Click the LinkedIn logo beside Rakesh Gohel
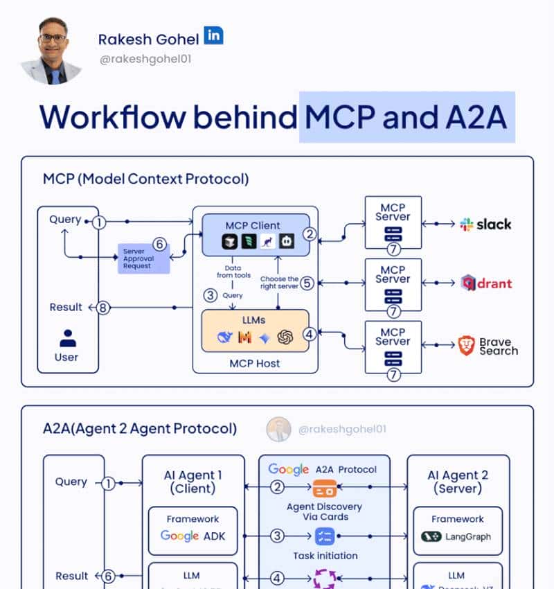click(213, 36)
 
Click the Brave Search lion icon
click(467, 346)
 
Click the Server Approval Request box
click(143, 258)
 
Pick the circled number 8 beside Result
click(103, 308)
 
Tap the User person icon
click(67, 338)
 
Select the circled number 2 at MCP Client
click(310, 234)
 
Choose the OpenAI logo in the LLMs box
click(285, 337)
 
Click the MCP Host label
click(255, 362)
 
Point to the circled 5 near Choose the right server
click(307, 283)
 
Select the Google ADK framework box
click(193, 530)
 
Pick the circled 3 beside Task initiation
click(277, 536)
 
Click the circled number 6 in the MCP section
click(159, 244)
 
